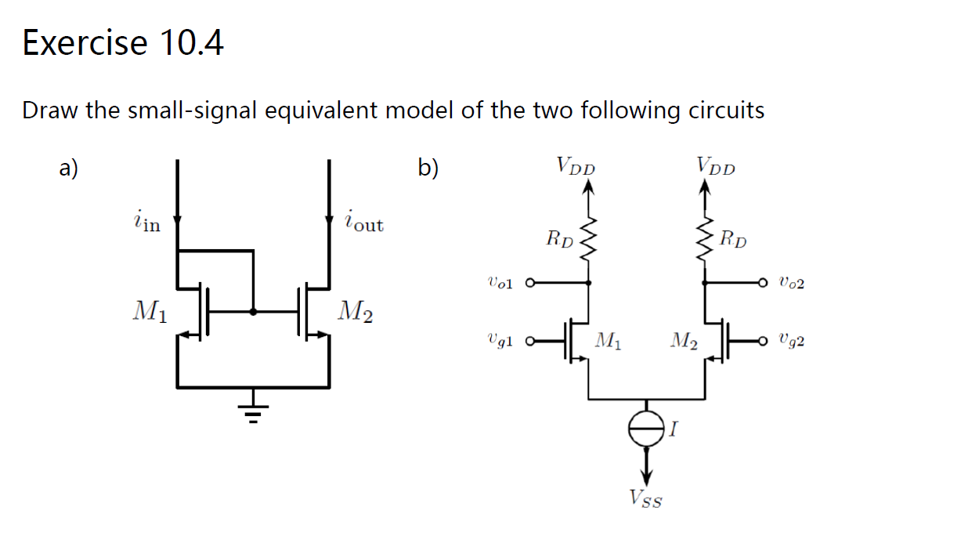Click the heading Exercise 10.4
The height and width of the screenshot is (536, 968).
coord(123,42)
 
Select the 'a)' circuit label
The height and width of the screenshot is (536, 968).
coord(70,168)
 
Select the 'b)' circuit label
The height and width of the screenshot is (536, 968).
coord(428,168)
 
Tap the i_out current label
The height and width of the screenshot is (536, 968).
coord(363,222)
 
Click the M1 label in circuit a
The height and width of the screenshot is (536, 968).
coord(149,312)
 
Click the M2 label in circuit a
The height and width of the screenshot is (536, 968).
coord(355,312)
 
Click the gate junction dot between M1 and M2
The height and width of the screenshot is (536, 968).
coord(253,311)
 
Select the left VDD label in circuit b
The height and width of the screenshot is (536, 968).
coord(576,166)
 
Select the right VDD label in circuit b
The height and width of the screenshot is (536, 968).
coord(716,166)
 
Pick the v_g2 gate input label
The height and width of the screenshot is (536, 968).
coord(792,341)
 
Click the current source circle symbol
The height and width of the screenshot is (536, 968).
coord(646,428)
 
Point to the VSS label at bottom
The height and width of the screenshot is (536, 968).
coord(645,498)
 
